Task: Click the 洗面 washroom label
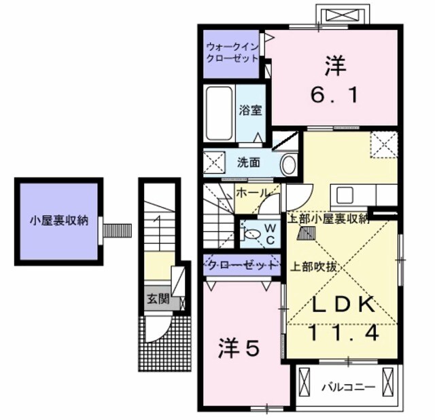[248, 163]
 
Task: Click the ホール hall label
[251, 193]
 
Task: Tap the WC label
[270, 235]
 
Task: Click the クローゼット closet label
[243, 265]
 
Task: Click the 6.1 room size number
[334, 96]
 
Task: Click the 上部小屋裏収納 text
[328, 218]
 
